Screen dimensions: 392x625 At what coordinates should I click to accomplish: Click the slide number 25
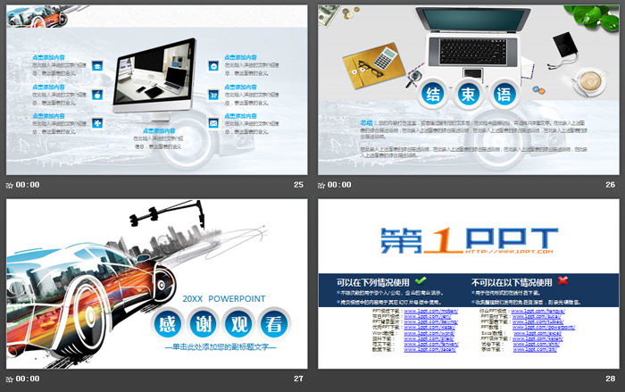pyautogui.click(x=298, y=185)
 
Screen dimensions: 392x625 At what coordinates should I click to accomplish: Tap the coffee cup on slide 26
pyautogui.click(x=590, y=81)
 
